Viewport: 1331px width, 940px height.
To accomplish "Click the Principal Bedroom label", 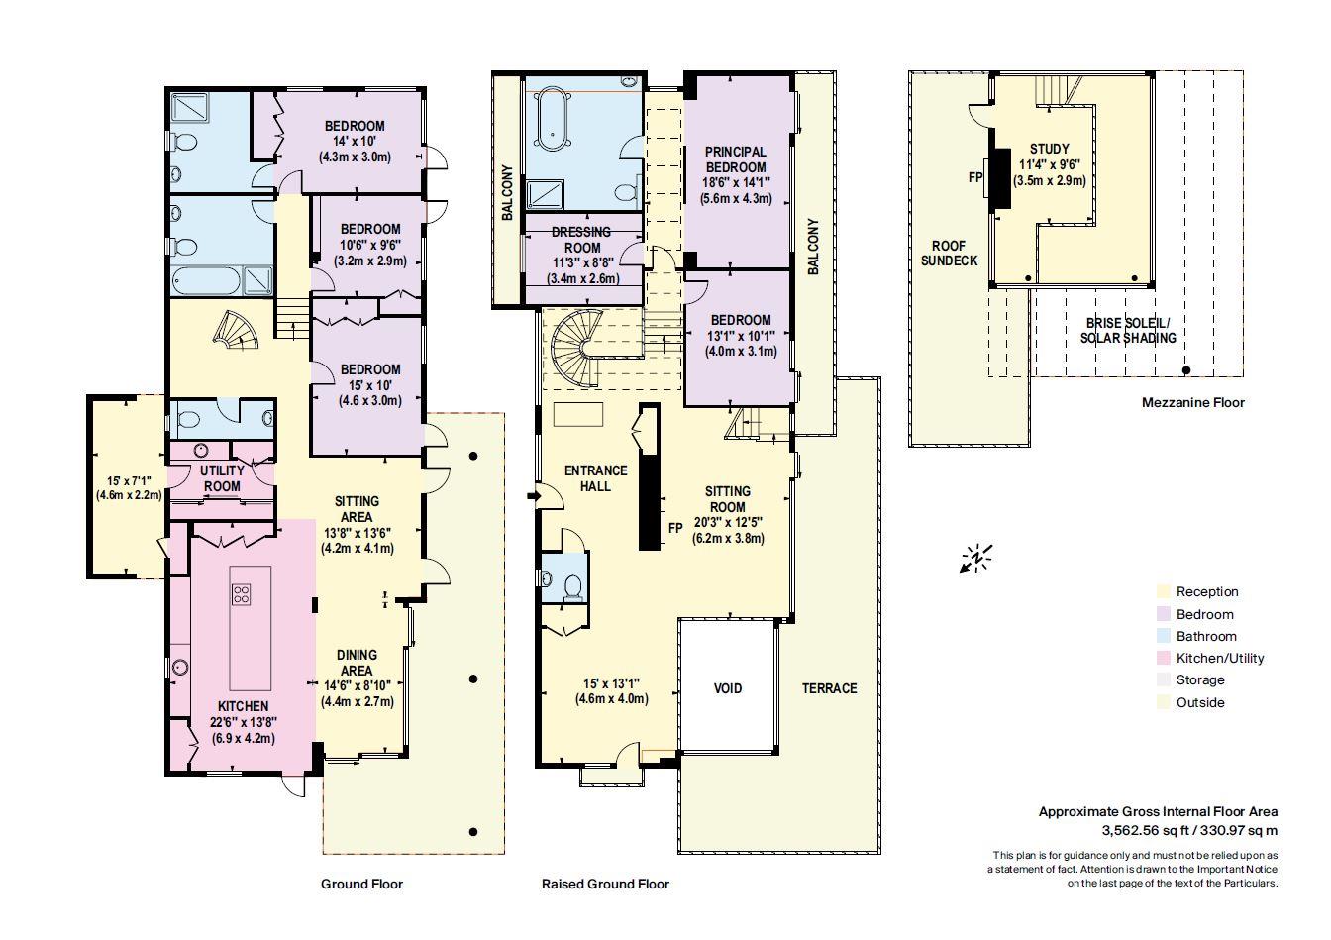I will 735,159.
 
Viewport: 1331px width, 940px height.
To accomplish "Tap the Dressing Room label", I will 582,240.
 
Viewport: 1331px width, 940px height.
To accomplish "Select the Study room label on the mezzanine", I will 1049,150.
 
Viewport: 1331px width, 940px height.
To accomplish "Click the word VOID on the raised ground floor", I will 728,688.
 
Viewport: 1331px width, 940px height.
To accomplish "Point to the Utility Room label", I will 222,478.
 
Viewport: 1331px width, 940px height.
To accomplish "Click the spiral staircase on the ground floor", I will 237,332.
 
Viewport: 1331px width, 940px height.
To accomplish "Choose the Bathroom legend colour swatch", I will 1163,636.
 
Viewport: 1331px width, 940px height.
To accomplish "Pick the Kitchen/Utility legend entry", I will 1219,658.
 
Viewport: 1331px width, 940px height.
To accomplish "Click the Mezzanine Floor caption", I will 1192,402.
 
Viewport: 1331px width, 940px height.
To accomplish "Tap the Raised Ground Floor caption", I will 605,884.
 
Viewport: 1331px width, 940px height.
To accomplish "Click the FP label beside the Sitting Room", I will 676,528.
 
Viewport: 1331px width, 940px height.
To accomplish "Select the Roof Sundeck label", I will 949,253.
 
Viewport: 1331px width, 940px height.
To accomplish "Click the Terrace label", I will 829,688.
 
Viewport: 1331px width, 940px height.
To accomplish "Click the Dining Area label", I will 357,662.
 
